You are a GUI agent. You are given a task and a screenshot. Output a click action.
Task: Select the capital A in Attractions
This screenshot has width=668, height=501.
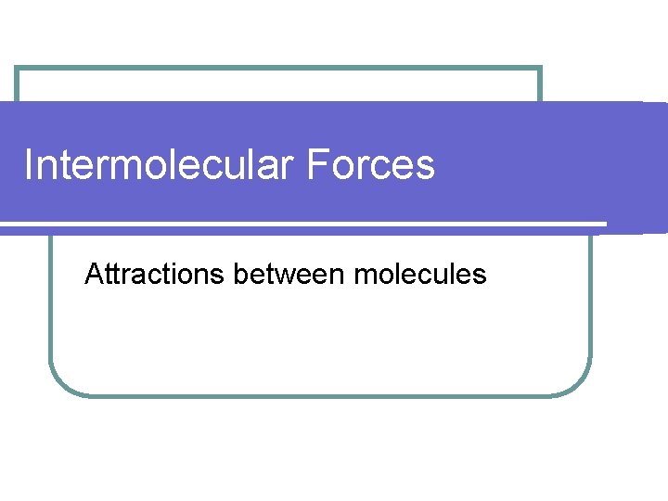click(x=93, y=274)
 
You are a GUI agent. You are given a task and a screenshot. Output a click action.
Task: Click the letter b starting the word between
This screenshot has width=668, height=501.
click(x=240, y=274)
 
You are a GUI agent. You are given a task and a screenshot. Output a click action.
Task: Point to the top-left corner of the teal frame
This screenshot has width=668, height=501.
click(x=17, y=68)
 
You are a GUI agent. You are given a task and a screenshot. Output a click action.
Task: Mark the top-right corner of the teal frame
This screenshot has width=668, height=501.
click(x=540, y=68)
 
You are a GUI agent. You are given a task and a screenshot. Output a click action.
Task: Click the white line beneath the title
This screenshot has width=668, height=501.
click(x=306, y=224)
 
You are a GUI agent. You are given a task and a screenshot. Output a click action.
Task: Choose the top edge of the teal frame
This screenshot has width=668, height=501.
click(x=278, y=68)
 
